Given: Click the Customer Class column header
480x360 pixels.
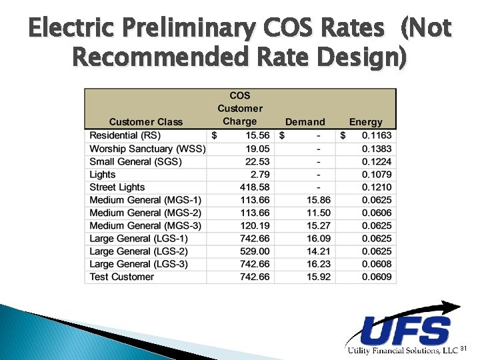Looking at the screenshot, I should coord(145,121).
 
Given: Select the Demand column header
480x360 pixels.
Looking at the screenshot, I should coord(305,121).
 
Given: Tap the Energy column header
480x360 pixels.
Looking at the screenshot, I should coord(366,121).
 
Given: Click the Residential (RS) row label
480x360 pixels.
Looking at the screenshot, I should coord(125,135).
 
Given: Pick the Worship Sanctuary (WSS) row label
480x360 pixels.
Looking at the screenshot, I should coord(147,149).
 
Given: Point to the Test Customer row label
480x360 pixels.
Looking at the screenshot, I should coord(121,277).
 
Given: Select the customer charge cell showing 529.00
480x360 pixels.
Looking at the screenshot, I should coord(255,251).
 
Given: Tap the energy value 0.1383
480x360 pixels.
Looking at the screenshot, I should coord(377,149).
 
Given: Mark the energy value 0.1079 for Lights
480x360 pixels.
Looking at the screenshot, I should coord(377,175).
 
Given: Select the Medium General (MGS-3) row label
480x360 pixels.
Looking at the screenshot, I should coord(145,225).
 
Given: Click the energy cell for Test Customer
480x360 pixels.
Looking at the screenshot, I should coord(377,277).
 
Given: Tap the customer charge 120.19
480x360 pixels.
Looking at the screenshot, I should coord(255,225).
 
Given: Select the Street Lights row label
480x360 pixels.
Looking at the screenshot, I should coord(117,187).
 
